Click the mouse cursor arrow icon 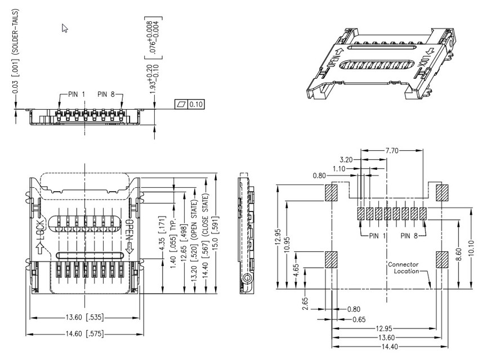tap(65, 28)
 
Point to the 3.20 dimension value tap(348, 160)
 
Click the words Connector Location tap(407, 267)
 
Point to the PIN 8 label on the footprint tap(410, 236)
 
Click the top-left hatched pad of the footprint tap(331, 193)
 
